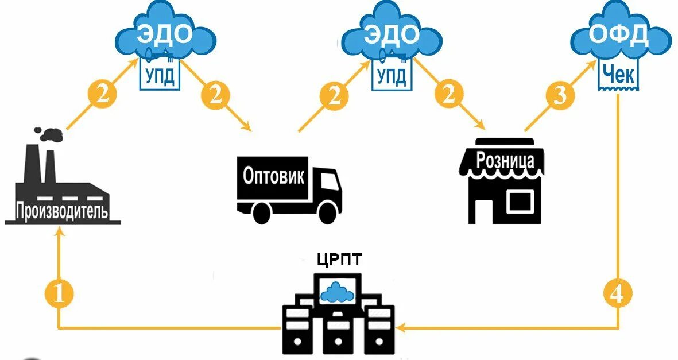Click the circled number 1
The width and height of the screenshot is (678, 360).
click(x=59, y=294)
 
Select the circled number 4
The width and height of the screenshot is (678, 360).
click(x=617, y=294)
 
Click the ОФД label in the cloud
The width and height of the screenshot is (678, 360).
click(x=619, y=36)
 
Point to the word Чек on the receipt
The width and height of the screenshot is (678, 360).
click(x=618, y=73)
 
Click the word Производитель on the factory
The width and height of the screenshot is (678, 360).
click(x=62, y=211)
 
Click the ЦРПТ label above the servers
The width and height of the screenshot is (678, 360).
click(x=340, y=260)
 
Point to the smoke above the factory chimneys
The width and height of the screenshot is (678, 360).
click(x=51, y=135)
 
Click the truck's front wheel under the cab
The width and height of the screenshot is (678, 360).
click(x=327, y=213)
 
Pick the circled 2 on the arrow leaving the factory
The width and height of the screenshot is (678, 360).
click(x=101, y=94)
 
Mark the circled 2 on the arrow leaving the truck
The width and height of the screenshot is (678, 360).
click(x=333, y=94)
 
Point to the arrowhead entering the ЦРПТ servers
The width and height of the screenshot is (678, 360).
click(x=400, y=328)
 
